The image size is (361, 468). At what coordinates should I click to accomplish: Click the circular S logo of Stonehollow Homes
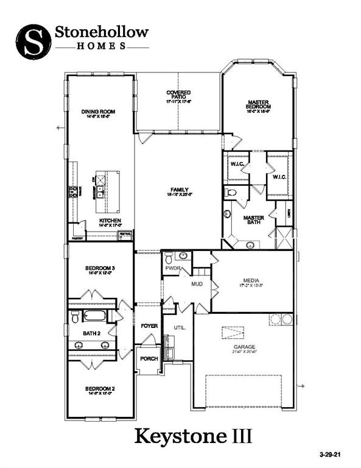coord(32,39)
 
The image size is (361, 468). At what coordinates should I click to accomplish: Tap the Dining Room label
coord(98,112)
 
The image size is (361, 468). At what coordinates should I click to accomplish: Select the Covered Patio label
coord(179,94)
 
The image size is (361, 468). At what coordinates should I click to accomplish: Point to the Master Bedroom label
coord(259,104)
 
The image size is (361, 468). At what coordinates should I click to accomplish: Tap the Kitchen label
coord(110,220)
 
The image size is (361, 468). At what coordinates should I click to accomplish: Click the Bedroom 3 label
coord(100,268)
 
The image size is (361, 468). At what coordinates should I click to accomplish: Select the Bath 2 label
coord(93,333)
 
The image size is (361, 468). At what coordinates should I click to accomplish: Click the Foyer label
coord(149,326)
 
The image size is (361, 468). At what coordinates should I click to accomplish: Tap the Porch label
coord(149,358)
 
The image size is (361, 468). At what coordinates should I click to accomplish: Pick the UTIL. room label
coord(178,327)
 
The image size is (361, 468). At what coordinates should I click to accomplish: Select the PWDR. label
coord(171,268)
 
